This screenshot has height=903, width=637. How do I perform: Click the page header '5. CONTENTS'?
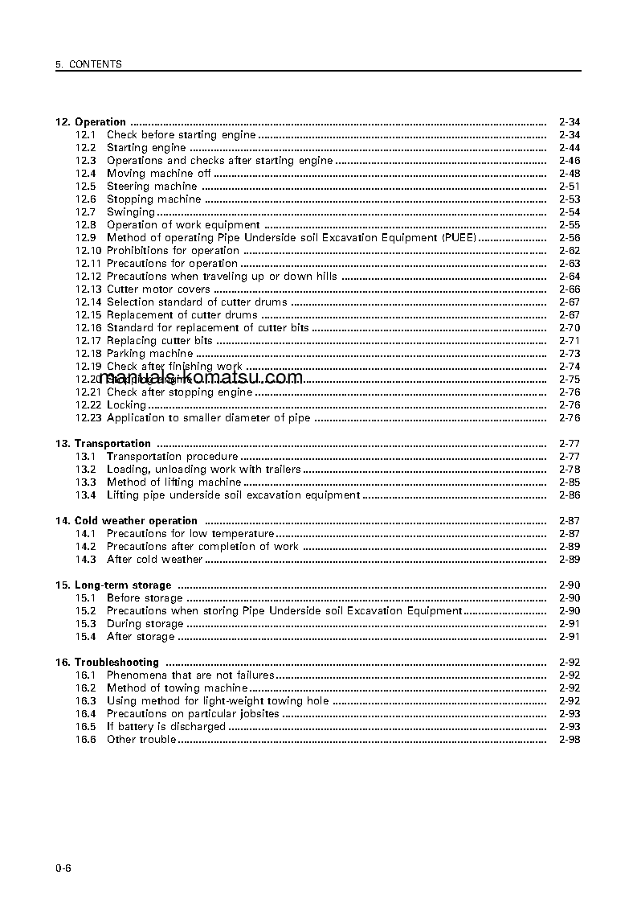click(x=88, y=64)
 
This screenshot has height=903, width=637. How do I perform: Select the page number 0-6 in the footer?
click(x=63, y=867)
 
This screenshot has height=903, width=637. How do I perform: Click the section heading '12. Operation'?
click(x=91, y=122)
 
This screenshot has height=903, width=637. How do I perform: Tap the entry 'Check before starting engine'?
click(x=181, y=135)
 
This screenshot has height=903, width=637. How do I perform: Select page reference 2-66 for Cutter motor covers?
click(x=569, y=289)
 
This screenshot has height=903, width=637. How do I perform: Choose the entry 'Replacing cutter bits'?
click(x=159, y=341)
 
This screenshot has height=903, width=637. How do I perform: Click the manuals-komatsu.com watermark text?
click(x=202, y=378)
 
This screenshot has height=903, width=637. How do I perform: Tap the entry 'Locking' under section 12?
click(x=126, y=405)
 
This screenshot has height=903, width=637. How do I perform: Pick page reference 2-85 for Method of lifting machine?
click(x=569, y=482)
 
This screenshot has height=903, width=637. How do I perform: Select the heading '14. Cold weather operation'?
click(x=126, y=521)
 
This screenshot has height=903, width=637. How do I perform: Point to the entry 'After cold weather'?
click(x=154, y=560)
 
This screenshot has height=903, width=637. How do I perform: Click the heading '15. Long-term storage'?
click(x=113, y=585)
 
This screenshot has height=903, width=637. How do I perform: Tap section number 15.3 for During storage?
click(x=86, y=624)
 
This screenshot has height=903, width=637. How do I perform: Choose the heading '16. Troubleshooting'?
click(x=107, y=663)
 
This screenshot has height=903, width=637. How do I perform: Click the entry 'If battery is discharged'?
click(x=165, y=727)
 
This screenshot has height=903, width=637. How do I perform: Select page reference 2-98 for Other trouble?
click(x=569, y=740)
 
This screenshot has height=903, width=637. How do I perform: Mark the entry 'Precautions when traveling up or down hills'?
click(x=222, y=277)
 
